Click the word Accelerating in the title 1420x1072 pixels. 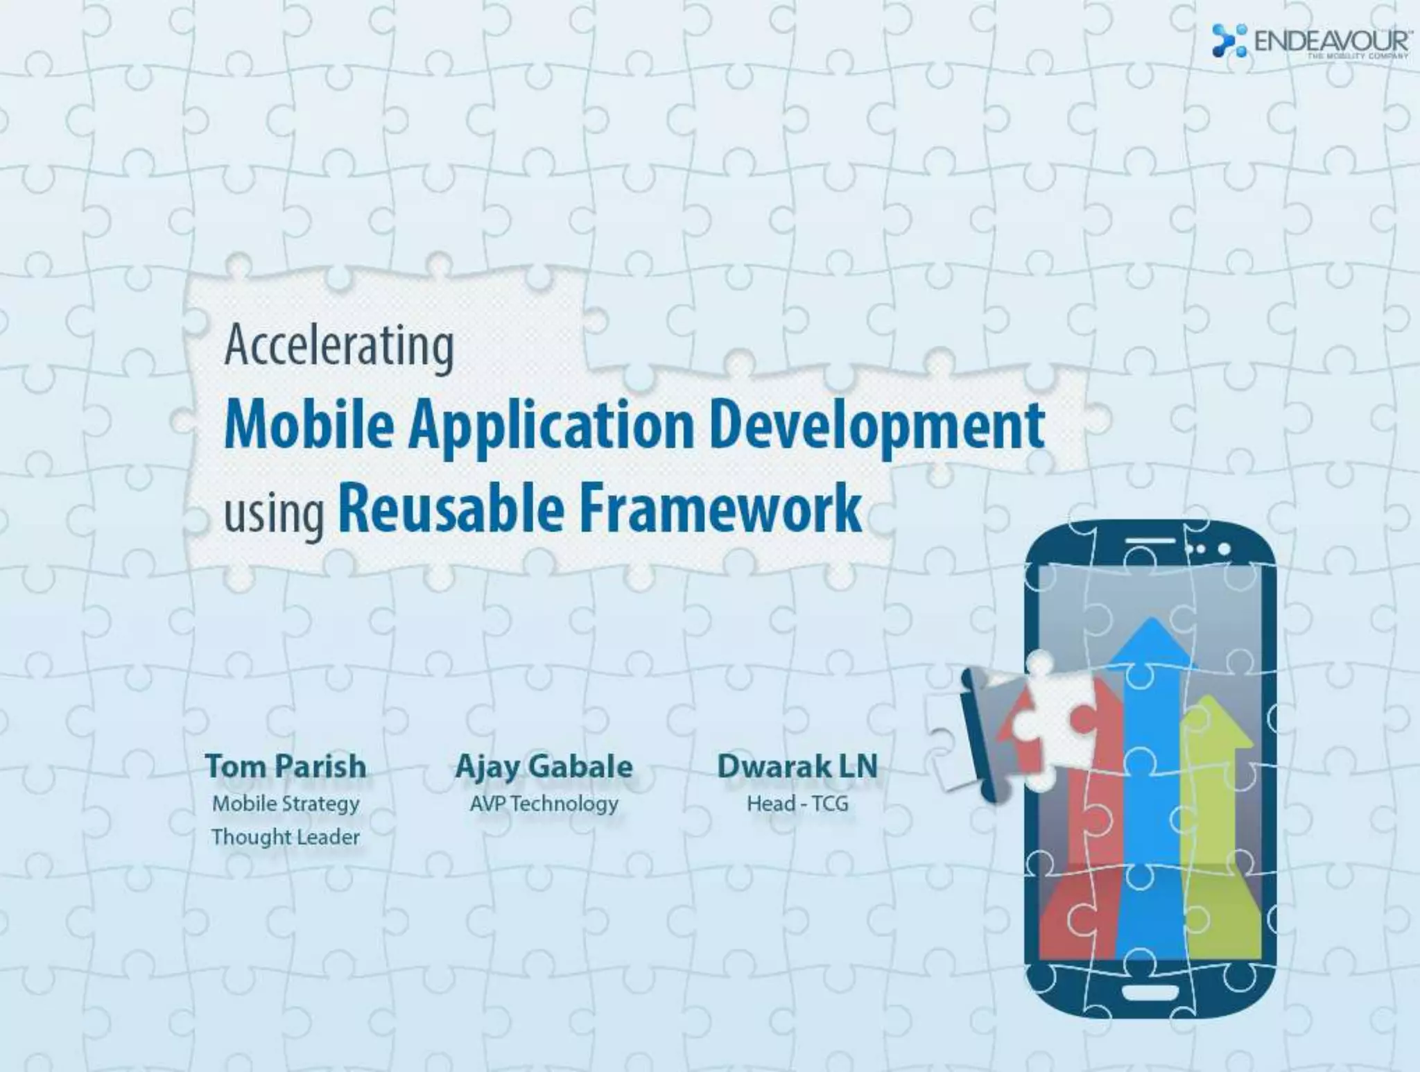pyautogui.click(x=339, y=347)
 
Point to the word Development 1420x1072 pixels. pyautogui.click(x=877, y=426)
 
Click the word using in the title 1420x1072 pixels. pyautogui.click(x=274, y=513)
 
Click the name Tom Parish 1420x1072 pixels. pyautogui.click(x=286, y=767)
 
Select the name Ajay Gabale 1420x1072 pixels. pyautogui.click(x=544, y=767)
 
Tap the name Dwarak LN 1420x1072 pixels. pyautogui.click(x=797, y=767)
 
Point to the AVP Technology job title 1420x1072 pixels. pyautogui.click(x=544, y=804)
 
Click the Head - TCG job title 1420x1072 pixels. pyautogui.click(x=797, y=804)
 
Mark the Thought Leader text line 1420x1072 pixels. pyautogui.click(x=286, y=837)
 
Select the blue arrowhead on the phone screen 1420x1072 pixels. pyautogui.click(x=1152, y=645)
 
